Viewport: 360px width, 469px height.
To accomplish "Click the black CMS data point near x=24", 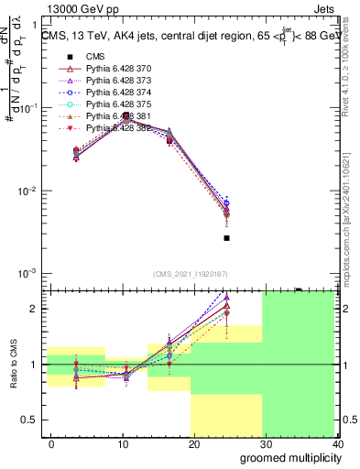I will coord(226,238).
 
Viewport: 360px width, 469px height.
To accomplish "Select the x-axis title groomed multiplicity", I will coord(289,457).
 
